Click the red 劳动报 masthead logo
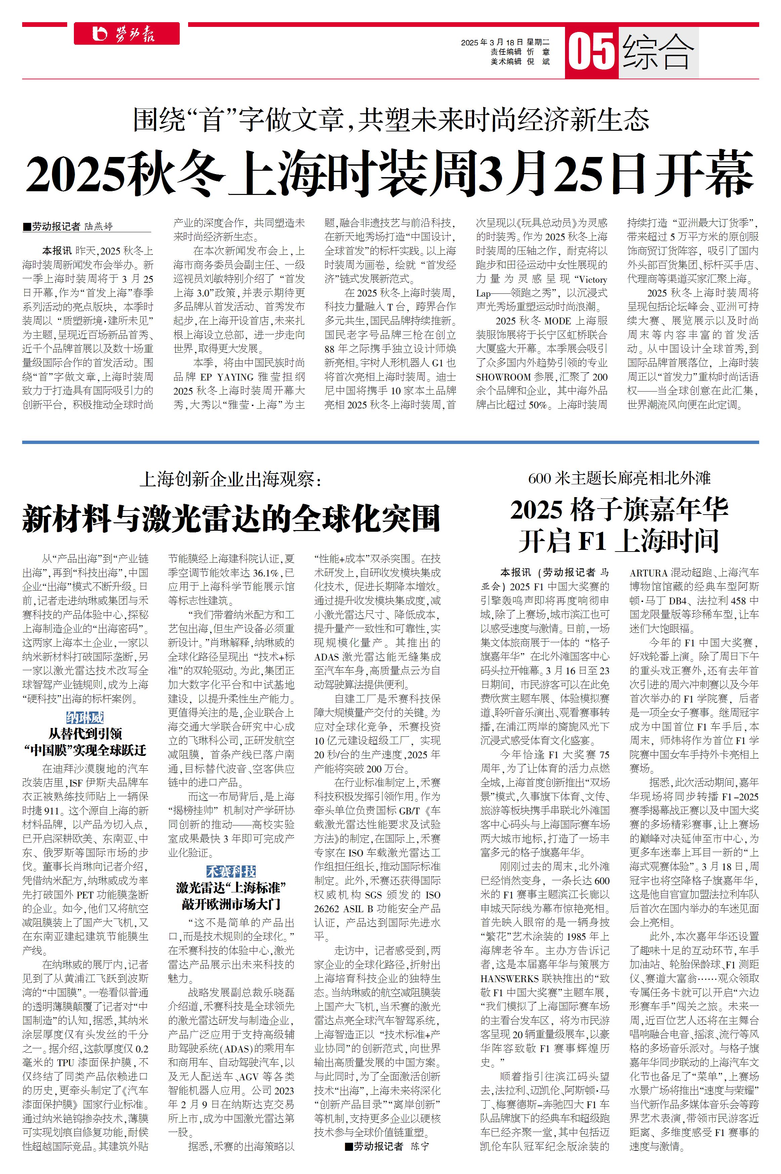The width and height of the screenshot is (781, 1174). click(127, 34)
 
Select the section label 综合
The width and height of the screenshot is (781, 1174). click(658, 51)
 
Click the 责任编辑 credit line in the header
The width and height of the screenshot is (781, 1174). click(520, 52)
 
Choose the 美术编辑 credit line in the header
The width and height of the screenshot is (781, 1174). click(520, 61)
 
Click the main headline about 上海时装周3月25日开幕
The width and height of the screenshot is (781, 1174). click(390, 174)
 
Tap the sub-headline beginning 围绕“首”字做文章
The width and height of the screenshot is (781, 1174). click(391, 120)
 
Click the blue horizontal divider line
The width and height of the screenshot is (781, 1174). click(390, 442)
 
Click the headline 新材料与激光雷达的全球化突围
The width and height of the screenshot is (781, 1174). click(231, 518)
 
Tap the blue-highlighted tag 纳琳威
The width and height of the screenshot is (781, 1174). click(85, 718)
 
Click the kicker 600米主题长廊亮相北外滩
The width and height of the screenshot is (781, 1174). click(619, 478)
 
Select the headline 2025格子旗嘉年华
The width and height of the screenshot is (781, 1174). click(619, 510)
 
